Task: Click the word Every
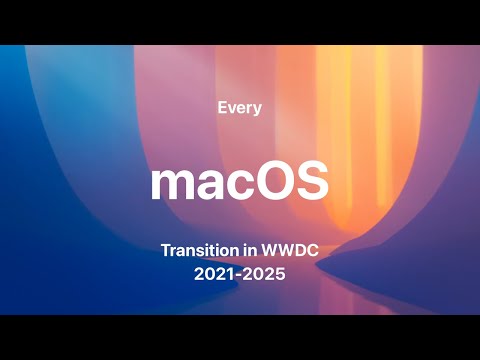[x=239, y=108]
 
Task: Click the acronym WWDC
[x=294, y=249]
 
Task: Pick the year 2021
[x=212, y=271]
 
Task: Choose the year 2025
[x=267, y=271]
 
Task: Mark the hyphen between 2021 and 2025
[x=240, y=272]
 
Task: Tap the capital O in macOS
[x=271, y=183]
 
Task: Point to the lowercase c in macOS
[x=235, y=187]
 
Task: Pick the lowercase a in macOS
[x=205, y=187]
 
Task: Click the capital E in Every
[x=221, y=107]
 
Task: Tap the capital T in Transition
[x=165, y=249]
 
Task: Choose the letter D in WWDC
[x=305, y=249]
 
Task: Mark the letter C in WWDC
[x=317, y=249]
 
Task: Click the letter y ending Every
[x=258, y=110]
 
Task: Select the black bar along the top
[x=240, y=21]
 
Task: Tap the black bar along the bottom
[x=240, y=337]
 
